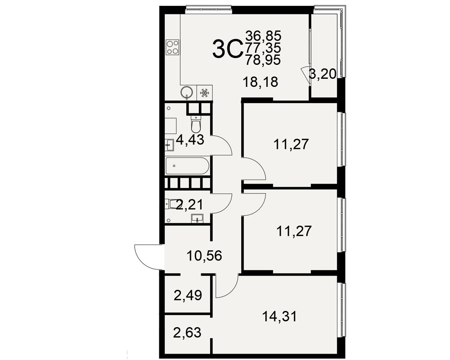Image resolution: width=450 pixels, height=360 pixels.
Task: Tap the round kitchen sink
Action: [x=187, y=92]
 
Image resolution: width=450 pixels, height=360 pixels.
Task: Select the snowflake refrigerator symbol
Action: [x=205, y=93]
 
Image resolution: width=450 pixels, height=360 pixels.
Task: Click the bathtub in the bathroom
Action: [x=187, y=166]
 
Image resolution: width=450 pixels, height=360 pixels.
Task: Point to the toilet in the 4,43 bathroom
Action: [x=196, y=123]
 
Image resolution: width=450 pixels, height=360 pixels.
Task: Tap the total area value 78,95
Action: [x=263, y=60]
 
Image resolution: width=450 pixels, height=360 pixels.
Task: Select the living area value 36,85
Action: [x=263, y=36]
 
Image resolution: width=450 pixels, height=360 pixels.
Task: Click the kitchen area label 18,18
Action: [x=260, y=82]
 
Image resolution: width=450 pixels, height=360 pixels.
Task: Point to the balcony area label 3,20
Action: [x=323, y=74]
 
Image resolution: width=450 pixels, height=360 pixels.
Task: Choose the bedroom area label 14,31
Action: [x=279, y=317]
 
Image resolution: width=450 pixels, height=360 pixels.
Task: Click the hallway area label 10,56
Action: [x=204, y=255]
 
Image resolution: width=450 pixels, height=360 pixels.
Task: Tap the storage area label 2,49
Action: [x=188, y=295]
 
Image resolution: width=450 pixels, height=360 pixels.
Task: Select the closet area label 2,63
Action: [x=187, y=333]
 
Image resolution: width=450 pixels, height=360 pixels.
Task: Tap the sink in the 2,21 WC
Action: [x=197, y=218]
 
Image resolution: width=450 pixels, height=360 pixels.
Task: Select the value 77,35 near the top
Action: [x=263, y=48]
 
